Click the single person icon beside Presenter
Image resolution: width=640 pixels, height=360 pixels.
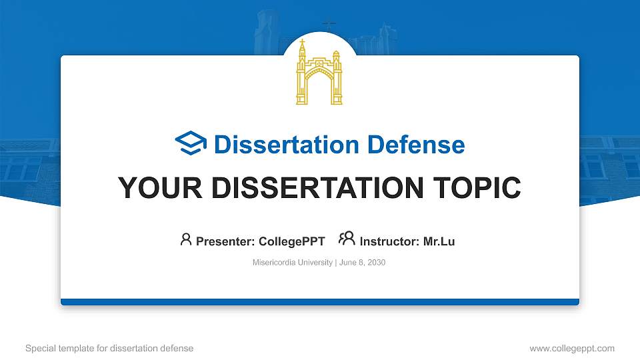186,239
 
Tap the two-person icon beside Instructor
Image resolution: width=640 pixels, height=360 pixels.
347,239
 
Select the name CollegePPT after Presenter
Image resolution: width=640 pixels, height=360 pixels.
291,241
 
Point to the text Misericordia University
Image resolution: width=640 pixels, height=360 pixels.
292,263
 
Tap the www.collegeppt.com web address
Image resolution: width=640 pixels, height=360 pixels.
571,348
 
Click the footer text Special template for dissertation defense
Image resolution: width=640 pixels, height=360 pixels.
109,348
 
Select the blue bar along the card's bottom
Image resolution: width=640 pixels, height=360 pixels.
319,302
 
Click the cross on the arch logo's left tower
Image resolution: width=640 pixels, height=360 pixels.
302,43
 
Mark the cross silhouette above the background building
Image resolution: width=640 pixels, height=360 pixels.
329,26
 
